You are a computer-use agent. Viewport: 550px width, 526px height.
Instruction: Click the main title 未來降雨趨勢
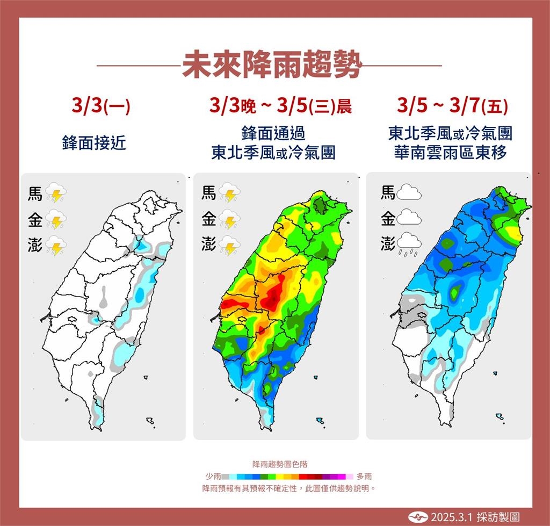tap(271, 66)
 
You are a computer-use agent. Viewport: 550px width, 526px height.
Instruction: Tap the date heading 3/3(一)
tap(100, 106)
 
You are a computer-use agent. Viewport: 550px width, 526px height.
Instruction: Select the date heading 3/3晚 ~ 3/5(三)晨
tap(281, 106)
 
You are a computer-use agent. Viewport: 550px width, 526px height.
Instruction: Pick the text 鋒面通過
tap(273, 133)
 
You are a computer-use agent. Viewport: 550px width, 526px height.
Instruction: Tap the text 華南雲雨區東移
tap(449, 153)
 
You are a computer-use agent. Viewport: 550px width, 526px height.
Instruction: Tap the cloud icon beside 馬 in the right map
tap(408, 192)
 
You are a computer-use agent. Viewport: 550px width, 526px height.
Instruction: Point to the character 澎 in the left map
tap(35, 245)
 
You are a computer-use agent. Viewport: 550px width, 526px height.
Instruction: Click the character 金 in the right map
tap(388, 219)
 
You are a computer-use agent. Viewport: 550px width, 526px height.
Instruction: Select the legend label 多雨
tap(364, 476)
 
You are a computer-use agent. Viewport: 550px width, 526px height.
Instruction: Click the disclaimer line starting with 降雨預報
tap(288, 488)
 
